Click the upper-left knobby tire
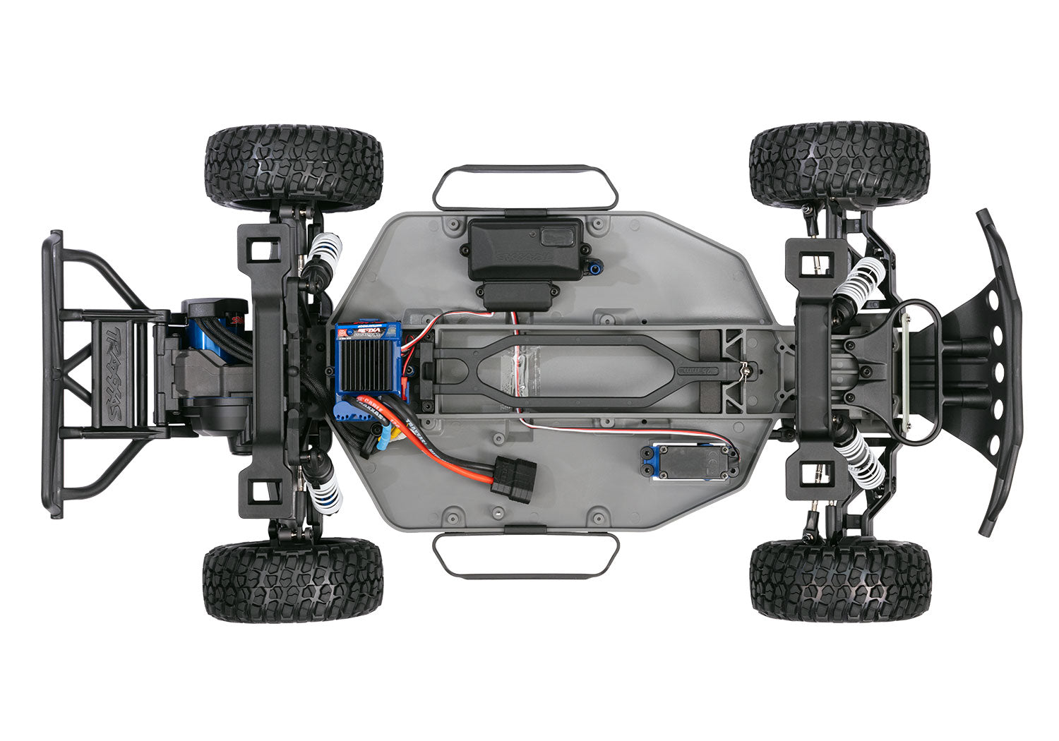(x=294, y=168)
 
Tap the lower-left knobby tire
(x=293, y=581)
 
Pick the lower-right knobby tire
(x=840, y=579)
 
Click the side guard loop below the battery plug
(x=525, y=555)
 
